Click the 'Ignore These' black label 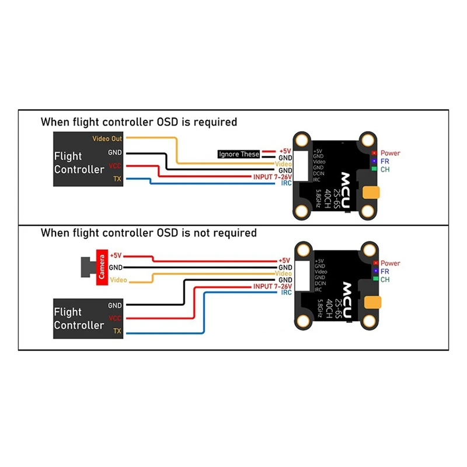tap(238, 154)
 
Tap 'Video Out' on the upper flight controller tap(107, 138)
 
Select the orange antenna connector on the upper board tap(371, 193)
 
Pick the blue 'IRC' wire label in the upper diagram tap(285, 183)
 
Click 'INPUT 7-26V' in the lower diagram tap(272, 287)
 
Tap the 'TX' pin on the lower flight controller tap(117, 331)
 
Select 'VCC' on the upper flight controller tap(114, 166)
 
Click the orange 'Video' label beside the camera tap(119, 280)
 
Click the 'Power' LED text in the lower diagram tap(391, 263)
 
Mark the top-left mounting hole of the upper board tap(302, 140)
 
